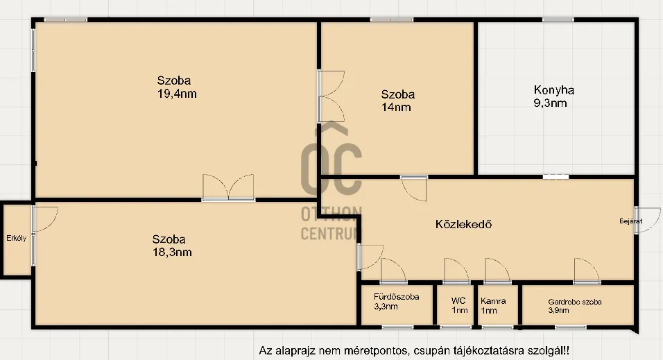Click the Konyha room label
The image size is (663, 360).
(553, 89)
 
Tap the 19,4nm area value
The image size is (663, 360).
(177, 94)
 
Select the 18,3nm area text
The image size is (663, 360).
(173, 252)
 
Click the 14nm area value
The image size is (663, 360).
(396, 107)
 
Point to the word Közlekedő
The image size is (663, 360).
(463, 224)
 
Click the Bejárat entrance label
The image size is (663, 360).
(630, 221)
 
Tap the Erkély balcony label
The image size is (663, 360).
(16, 239)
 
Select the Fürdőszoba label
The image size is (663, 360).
(396, 297)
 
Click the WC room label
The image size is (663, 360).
(458, 301)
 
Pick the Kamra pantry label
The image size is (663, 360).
(493, 301)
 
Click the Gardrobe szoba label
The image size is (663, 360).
(574, 302)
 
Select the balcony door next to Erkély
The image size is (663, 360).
(43, 221)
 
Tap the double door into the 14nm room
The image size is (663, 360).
(330, 96)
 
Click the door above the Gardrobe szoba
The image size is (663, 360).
(585, 271)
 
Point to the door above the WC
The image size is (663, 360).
(456, 271)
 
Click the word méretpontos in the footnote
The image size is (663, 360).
(354, 350)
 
